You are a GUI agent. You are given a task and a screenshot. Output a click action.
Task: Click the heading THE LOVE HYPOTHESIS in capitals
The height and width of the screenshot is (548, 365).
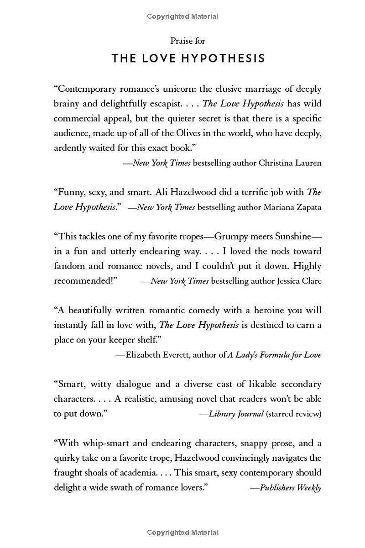pos(188,58)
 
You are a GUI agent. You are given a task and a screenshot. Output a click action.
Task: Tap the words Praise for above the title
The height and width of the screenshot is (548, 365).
pos(188,41)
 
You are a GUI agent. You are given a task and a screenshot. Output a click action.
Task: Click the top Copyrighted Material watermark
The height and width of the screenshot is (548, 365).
pos(182,16)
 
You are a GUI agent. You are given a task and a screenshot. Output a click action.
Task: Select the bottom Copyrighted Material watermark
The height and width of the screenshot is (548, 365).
pos(182,532)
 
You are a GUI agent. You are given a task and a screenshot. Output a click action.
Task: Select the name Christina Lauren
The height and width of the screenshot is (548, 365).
pos(290,163)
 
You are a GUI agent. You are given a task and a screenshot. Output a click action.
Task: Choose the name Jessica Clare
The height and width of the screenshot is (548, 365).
pos(299,281)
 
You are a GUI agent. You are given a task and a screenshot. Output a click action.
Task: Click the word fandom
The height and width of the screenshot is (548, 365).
pos(69,266)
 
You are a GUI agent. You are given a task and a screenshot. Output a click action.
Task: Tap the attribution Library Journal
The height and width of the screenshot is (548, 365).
pos(236,414)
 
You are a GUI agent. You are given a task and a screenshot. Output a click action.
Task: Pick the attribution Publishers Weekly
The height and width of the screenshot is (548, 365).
pos(291,488)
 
